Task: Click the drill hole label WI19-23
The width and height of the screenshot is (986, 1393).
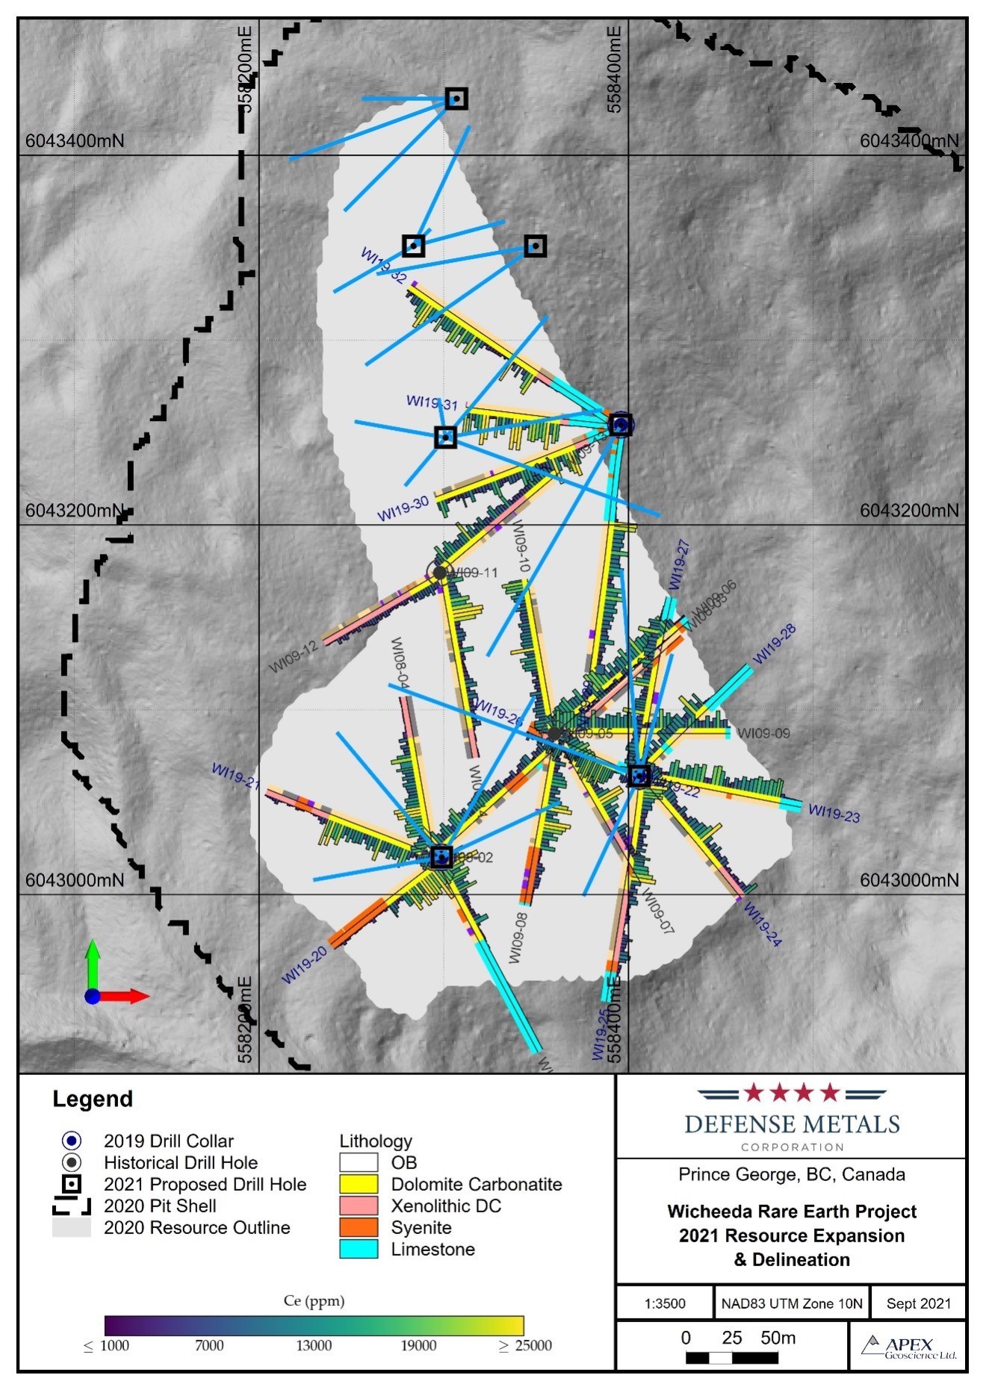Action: point(834,813)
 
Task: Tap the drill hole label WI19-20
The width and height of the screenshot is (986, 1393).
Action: point(304,964)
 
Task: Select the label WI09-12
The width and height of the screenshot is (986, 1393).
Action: point(294,656)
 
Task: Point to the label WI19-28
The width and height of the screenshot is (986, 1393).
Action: point(774,644)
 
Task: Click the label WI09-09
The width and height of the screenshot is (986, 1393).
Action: point(763,733)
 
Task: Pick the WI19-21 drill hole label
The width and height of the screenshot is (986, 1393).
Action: point(235,776)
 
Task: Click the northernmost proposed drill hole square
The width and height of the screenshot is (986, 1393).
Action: point(456,99)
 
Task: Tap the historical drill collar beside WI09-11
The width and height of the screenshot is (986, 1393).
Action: point(440,573)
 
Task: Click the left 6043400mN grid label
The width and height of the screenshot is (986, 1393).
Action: point(75,140)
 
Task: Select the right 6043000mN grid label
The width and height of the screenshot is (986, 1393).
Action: point(908,879)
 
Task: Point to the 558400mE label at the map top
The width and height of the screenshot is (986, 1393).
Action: point(614,69)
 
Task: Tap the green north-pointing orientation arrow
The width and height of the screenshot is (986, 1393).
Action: point(92,962)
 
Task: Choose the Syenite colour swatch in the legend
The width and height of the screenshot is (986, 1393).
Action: point(359,1227)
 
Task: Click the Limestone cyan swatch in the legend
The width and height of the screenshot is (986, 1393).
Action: point(359,1249)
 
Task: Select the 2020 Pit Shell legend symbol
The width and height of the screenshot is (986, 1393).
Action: point(72,1206)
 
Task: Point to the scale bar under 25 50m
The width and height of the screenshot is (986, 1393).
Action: point(731,1358)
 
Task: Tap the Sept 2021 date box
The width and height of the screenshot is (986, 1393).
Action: point(918,1303)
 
